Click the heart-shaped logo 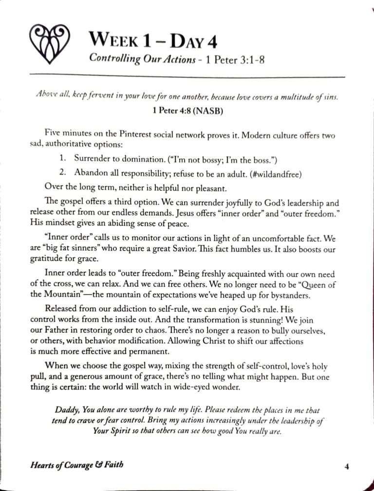click(x=51, y=44)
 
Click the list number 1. click(x=62, y=158)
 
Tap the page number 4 click(x=346, y=467)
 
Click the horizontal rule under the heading click(x=187, y=77)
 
